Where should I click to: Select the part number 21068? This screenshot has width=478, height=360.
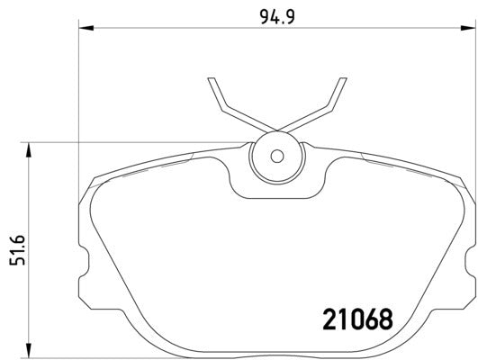[357, 319]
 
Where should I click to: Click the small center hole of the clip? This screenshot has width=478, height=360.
[276, 156]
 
